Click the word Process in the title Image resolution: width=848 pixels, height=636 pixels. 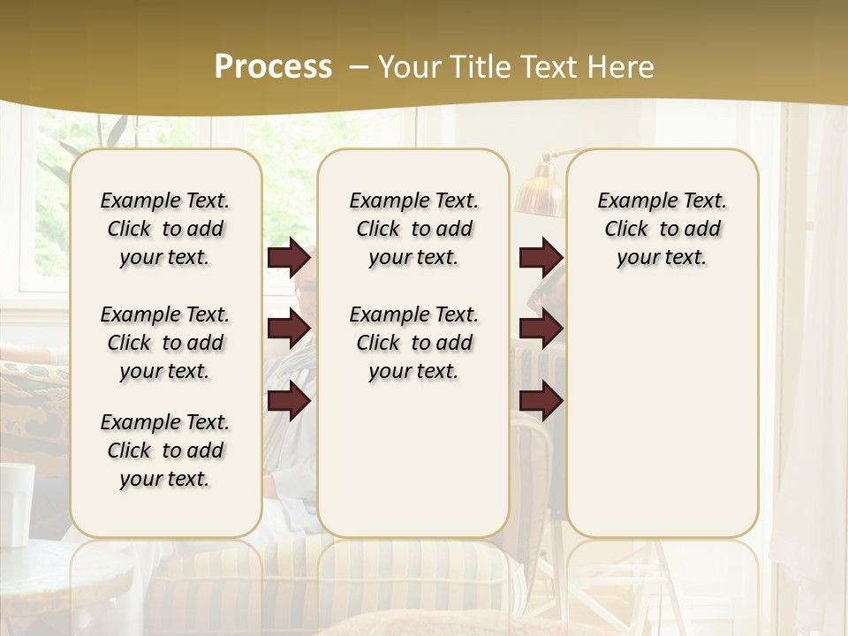(x=273, y=67)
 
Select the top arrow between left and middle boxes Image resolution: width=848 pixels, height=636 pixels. (x=289, y=258)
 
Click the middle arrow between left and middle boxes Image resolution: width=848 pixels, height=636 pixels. (x=289, y=329)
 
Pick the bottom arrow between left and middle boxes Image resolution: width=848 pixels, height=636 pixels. (x=289, y=401)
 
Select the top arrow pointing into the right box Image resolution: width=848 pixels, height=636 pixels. (x=541, y=258)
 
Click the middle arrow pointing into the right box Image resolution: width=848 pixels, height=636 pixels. (x=541, y=329)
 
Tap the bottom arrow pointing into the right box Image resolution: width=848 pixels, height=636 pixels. (x=541, y=401)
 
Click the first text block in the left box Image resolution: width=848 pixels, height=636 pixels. (x=165, y=229)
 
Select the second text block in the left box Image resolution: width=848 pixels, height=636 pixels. (x=165, y=343)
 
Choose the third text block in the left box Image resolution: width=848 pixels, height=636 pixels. (x=165, y=450)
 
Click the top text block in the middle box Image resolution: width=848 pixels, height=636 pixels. (x=413, y=229)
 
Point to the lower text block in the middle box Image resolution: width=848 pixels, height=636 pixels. (x=413, y=343)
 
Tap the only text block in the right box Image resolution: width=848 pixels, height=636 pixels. (x=662, y=229)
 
